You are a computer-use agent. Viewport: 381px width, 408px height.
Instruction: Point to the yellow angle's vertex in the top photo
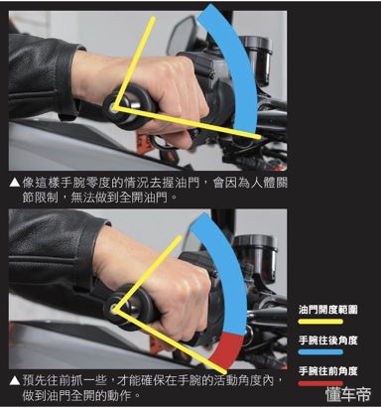(x=116, y=105)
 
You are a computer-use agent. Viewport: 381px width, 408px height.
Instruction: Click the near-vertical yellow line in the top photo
(x=135, y=60)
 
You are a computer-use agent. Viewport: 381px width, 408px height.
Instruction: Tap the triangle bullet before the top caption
(x=13, y=182)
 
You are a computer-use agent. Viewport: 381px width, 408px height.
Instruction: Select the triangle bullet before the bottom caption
(x=13, y=378)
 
